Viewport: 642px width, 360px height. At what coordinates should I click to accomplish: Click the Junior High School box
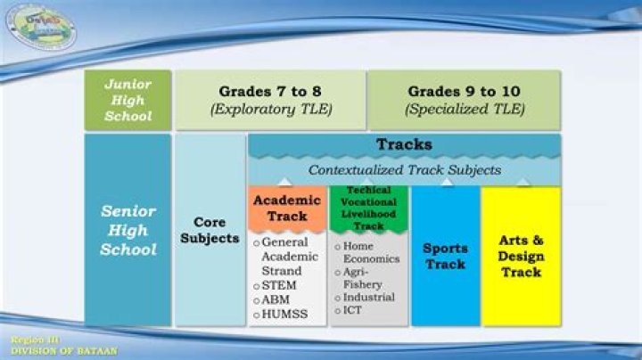(x=128, y=100)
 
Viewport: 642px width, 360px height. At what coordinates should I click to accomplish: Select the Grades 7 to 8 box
(x=270, y=100)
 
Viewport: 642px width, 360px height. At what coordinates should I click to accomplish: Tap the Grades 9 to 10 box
(x=465, y=100)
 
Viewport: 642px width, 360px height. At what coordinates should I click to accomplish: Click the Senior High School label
(x=128, y=231)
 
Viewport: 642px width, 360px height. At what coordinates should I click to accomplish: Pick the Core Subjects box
(x=210, y=231)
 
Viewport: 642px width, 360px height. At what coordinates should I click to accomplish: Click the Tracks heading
(x=404, y=144)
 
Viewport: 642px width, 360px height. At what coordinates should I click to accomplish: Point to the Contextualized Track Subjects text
(x=404, y=169)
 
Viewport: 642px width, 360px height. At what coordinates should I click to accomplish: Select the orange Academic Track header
(x=287, y=208)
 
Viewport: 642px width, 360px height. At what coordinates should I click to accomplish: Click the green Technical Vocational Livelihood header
(x=368, y=209)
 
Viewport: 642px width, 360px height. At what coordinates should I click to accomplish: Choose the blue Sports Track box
(x=445, y=256)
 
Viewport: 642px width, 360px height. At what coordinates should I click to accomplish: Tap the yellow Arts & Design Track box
(x=521, y=256)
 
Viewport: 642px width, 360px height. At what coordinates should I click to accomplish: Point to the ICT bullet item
(x=351, y=310)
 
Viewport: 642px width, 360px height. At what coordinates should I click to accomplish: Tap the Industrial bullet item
(x=367, y=297)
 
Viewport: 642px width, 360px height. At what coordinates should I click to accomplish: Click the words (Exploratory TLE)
(x=270, y=110)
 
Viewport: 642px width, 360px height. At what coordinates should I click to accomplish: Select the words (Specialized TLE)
(x=465, y=110)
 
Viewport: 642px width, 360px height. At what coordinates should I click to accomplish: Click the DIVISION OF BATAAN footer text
(x=63, y=351)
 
